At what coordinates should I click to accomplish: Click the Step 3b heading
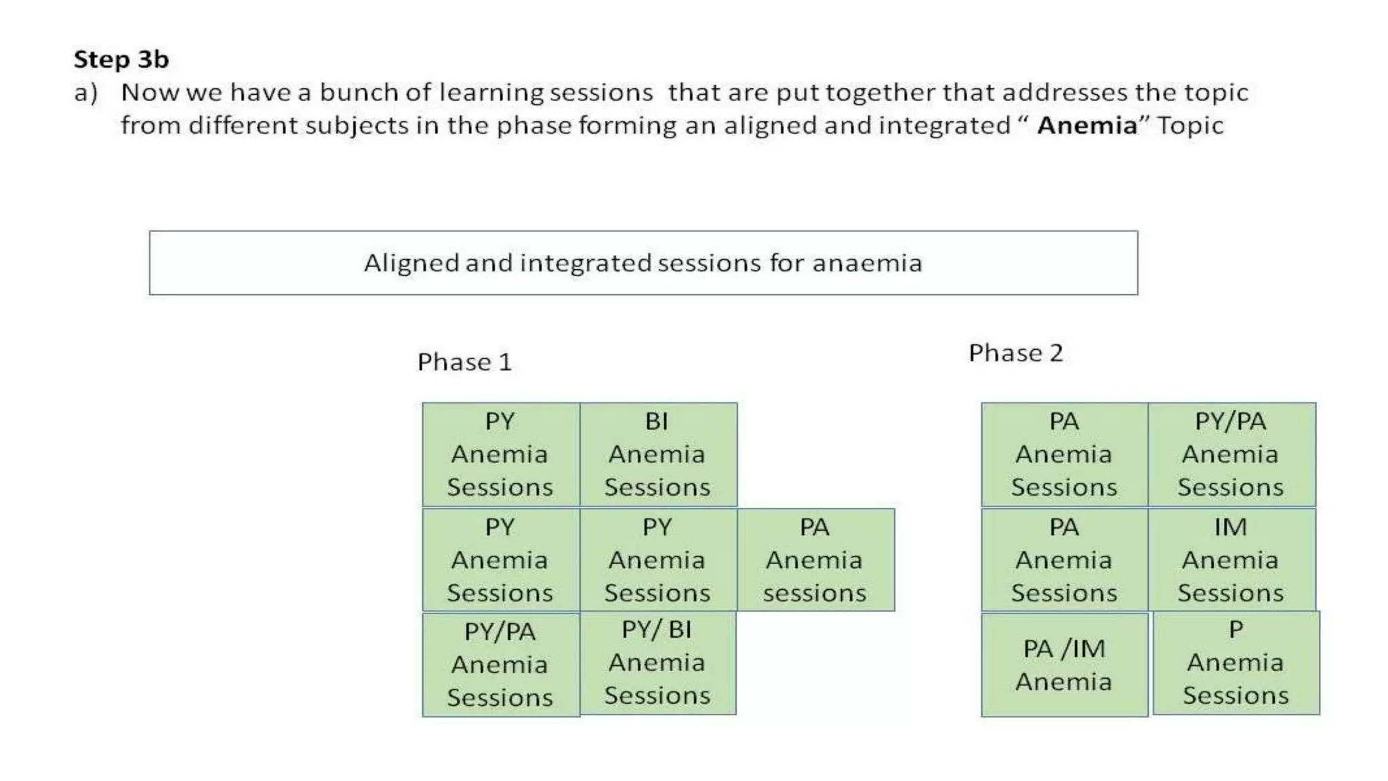121,60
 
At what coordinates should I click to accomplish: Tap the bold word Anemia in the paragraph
1086,125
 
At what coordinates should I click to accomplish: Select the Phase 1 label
464,362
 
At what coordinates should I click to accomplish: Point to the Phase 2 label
1015,353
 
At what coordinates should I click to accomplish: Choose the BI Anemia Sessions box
657,454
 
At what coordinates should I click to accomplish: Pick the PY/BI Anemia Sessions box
657,663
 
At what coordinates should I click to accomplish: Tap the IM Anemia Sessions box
1230,560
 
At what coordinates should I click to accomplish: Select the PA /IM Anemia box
1064,665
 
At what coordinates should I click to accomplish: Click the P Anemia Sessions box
1236,663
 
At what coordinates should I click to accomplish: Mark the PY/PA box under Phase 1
500,665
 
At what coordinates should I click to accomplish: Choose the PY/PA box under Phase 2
1230,454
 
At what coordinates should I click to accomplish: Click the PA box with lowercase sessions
815,560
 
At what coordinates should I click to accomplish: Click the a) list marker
86,93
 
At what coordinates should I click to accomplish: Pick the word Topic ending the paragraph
1190,125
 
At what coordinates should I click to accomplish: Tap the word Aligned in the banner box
411,263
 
